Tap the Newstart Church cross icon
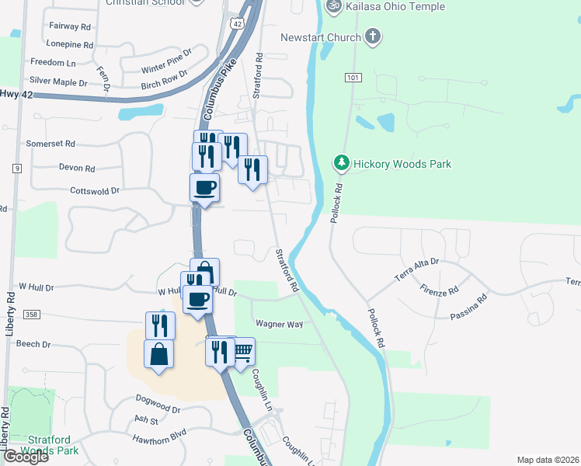pos(373,37)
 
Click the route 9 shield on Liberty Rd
pos(15,167)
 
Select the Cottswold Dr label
pos(95,190)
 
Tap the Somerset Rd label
pos(50,144)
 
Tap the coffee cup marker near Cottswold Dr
pos(205,186)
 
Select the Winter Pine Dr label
pos(166,64)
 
